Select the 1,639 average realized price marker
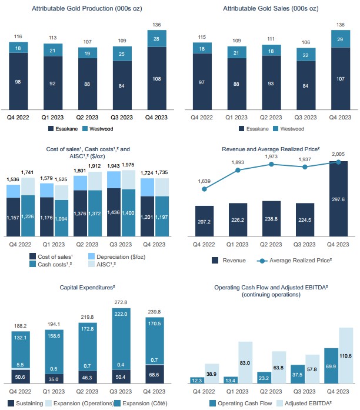(x=204, y=189)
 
